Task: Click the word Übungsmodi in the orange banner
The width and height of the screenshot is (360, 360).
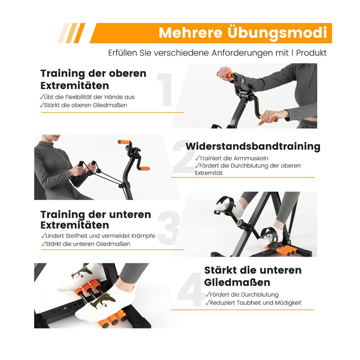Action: pyautogui.click(x=277, y=33)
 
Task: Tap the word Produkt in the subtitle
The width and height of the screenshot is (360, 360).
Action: pyautogui.click(x=311, y=53)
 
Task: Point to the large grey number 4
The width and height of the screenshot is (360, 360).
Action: pyautogui.click(x=191, y=289)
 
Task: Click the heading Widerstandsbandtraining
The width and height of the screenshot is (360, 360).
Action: pyautogui.click(x=253, y=146)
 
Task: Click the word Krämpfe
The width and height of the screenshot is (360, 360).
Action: pyautogui.click(x=143, y=236)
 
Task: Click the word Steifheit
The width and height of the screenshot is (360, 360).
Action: pyautogui.click(x=77, y=236)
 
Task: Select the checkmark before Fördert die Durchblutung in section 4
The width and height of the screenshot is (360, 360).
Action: pyautogui.click(x=207, y=294)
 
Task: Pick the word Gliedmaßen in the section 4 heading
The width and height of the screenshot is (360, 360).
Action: pyautogui.click(x=237, y=283)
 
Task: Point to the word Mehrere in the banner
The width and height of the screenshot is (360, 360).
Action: pyautogui.click(x=190, y=33)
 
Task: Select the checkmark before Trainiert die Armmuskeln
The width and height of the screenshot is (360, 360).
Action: pyautogui.click(x=197, y=158)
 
